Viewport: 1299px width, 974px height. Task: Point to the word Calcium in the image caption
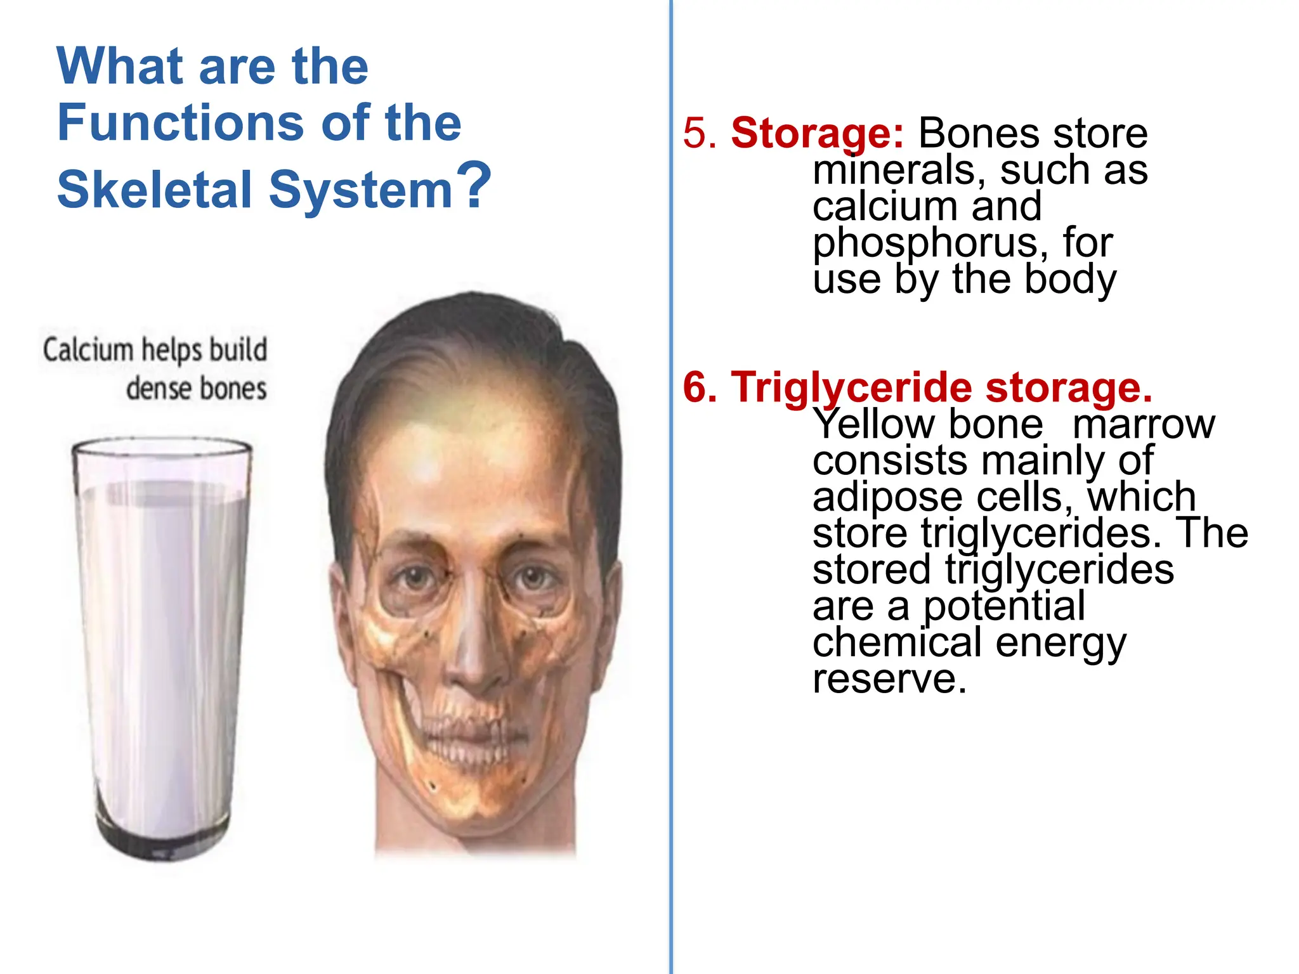click(x=88, y=350)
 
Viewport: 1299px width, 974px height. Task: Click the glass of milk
click(x=162, y=634)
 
